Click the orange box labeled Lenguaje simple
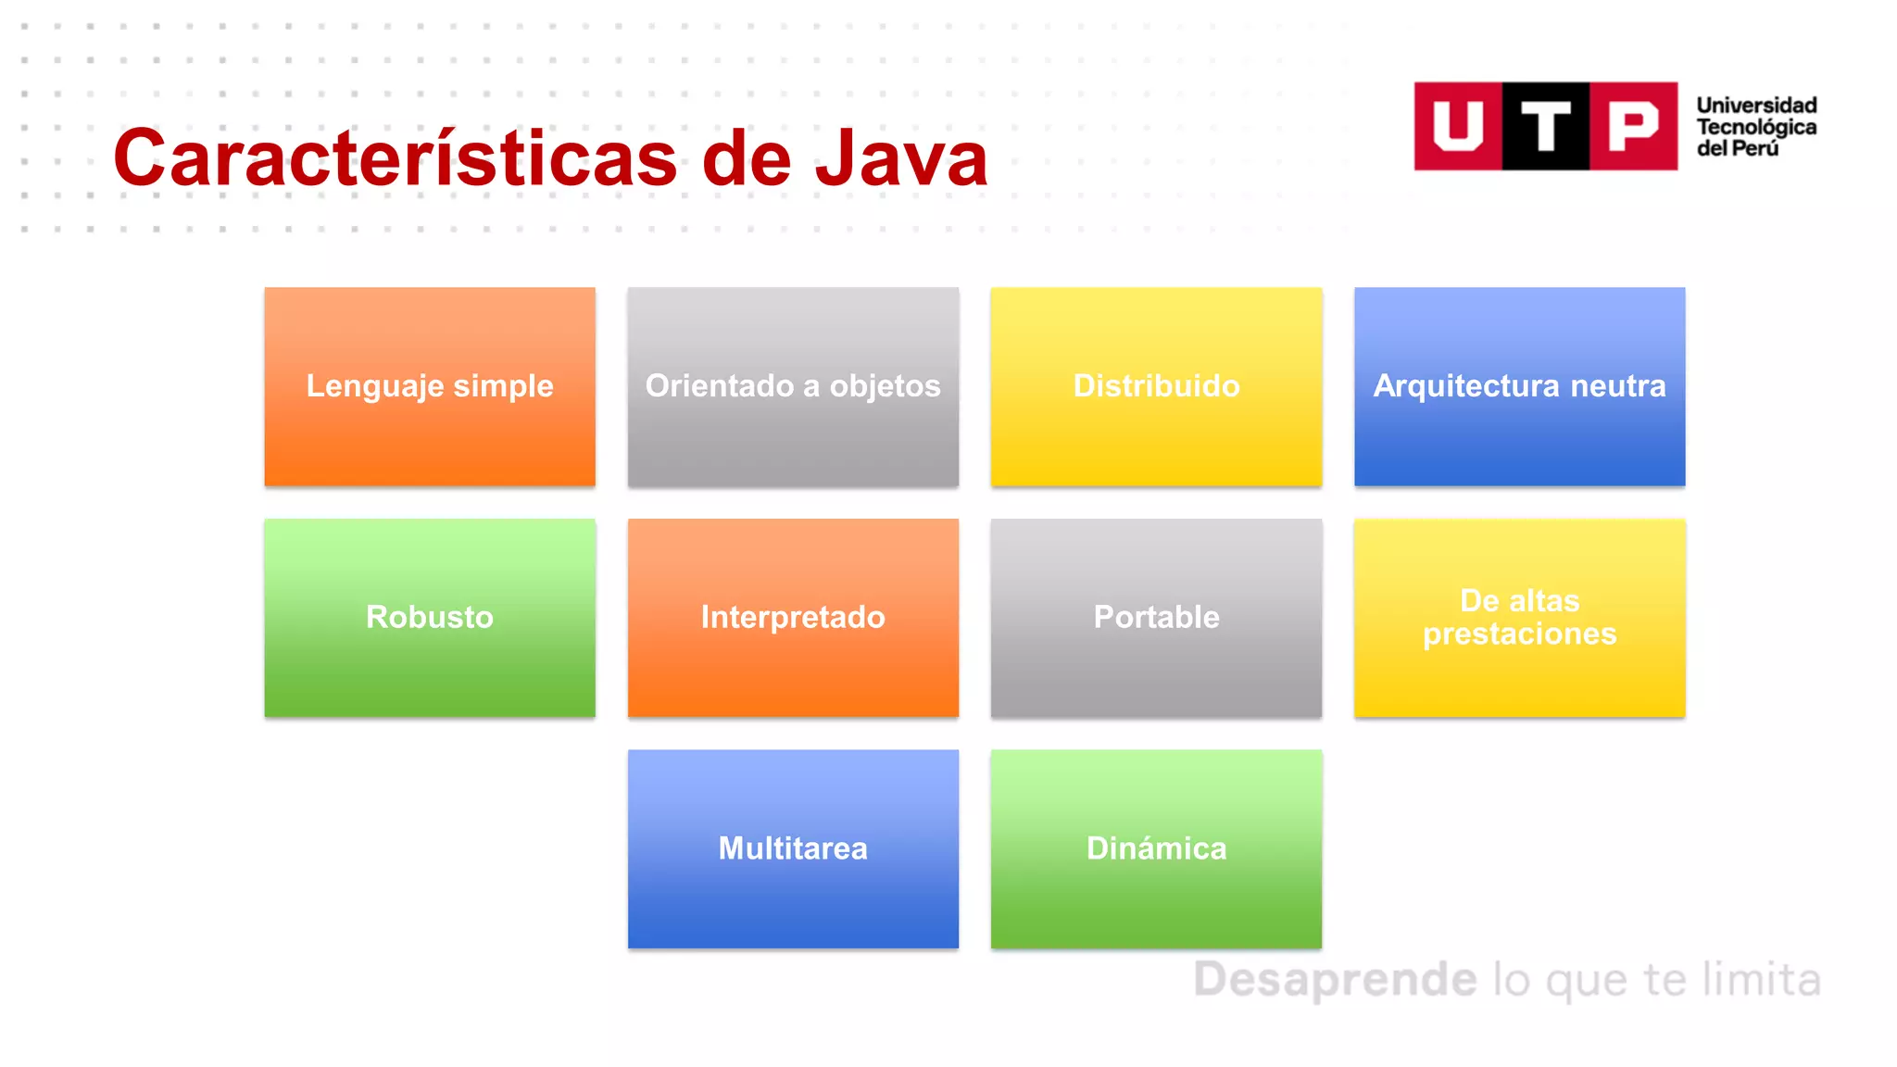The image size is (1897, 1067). click(x=430, y=386)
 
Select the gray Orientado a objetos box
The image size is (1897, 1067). click(x=793, y=386)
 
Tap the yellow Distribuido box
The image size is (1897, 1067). click(x=1156, y=386)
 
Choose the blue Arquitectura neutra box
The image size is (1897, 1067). click(x=1519, y=386)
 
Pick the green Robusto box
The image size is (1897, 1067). click(x=430, y=618)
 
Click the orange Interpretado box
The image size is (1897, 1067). click(x=793, y=618)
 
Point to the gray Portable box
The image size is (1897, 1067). click(x=1156, y=618)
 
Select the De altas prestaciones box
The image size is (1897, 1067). click(x=1519, y=618)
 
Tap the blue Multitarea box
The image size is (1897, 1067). click(x=793, y=848)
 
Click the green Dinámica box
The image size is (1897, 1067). click(x=1156, y=848)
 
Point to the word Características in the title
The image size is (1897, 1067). click(x=396, y=158)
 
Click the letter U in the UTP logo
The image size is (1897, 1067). click(x=1457, y=126)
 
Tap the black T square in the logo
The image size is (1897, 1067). click(x=1545, y=126)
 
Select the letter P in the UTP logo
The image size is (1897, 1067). click(x=1633, y=126)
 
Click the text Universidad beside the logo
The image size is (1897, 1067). click(x=1756, y=106)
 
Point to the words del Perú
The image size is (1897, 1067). click(x=1737, y=148)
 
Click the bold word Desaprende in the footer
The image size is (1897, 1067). click(x=1335, y=980)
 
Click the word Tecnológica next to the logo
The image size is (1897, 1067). click(x=1756, y=127)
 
